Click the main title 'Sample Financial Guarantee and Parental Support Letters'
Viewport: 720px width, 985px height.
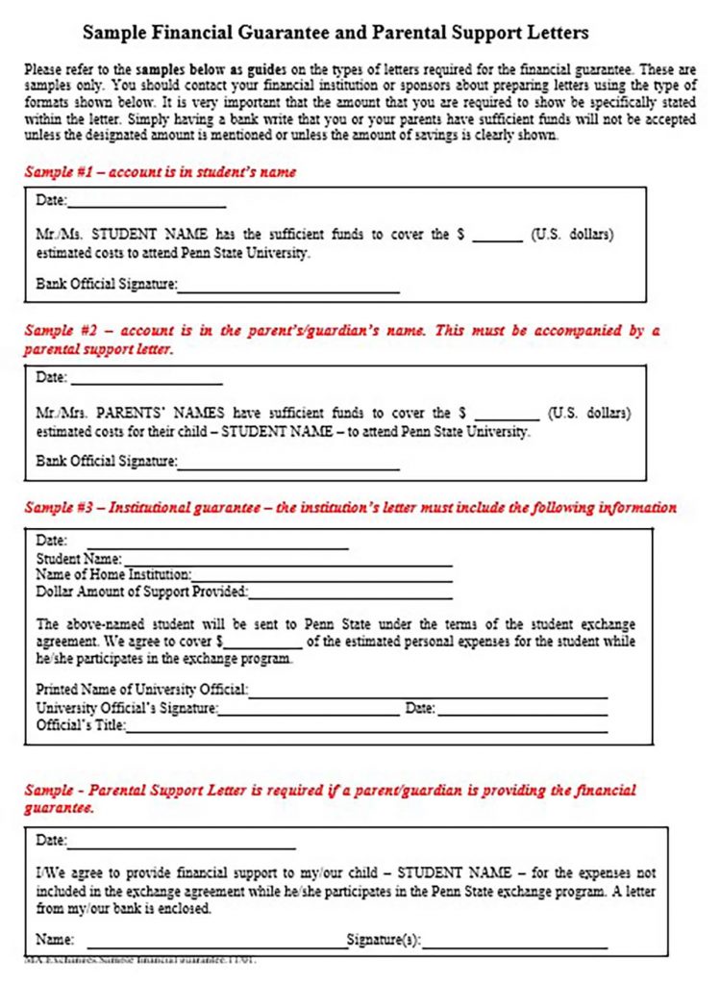[x=335, y=34]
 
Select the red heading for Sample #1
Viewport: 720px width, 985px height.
[x=160, y=172]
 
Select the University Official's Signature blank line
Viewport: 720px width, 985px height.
[x=309, y=713]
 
